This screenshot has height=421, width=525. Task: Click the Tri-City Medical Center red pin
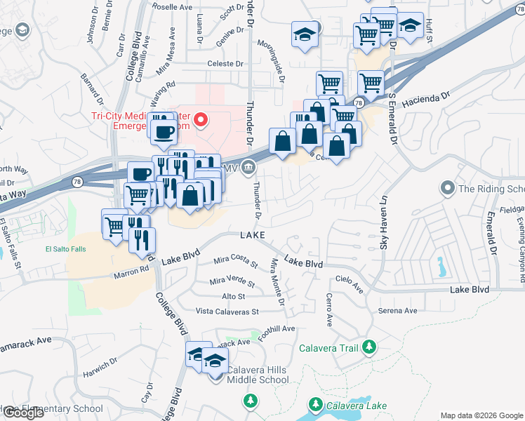[201, 120]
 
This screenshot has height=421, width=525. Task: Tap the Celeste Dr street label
[225, 63]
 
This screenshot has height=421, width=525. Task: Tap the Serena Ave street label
[397, 310]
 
